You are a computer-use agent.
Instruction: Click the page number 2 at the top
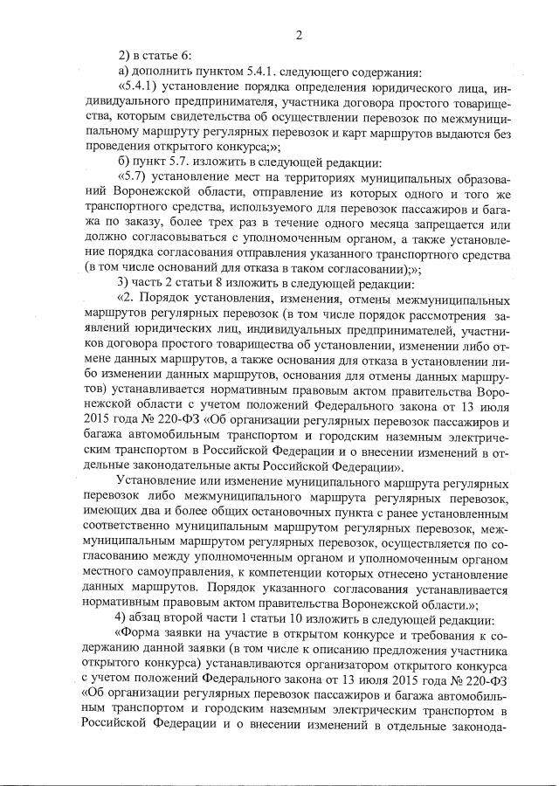[x=299, y=35]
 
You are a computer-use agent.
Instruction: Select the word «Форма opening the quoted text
[x=142, y=638]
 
